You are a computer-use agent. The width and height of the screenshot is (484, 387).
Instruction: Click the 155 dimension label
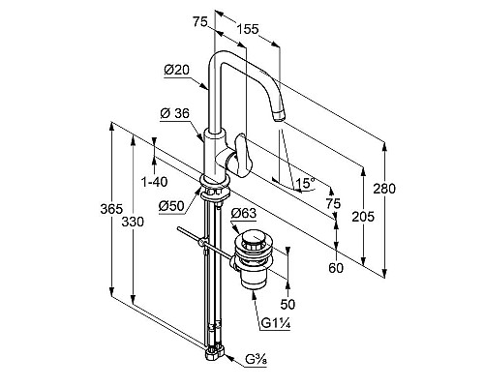click(x=248, y=29)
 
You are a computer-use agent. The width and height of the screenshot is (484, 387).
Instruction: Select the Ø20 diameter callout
click(x=176, y=70)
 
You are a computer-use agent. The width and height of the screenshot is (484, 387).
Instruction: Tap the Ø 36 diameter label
click(x=175, y=113)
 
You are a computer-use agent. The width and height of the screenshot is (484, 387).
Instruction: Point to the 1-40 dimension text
click(x=155, y=182)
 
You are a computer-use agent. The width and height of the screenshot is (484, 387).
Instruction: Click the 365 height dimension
click(x=111, y=209)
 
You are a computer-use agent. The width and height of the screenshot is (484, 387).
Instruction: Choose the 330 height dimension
click(x=133, y=222)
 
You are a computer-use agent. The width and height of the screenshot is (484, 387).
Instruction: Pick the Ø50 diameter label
click(x=171, y=206)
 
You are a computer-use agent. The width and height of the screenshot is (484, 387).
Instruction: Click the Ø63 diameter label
click(x=244, y=213)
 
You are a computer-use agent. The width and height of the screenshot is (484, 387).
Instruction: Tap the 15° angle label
click(x=305, y=183)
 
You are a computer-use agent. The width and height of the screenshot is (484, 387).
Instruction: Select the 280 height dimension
click(x=384, y=189)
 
